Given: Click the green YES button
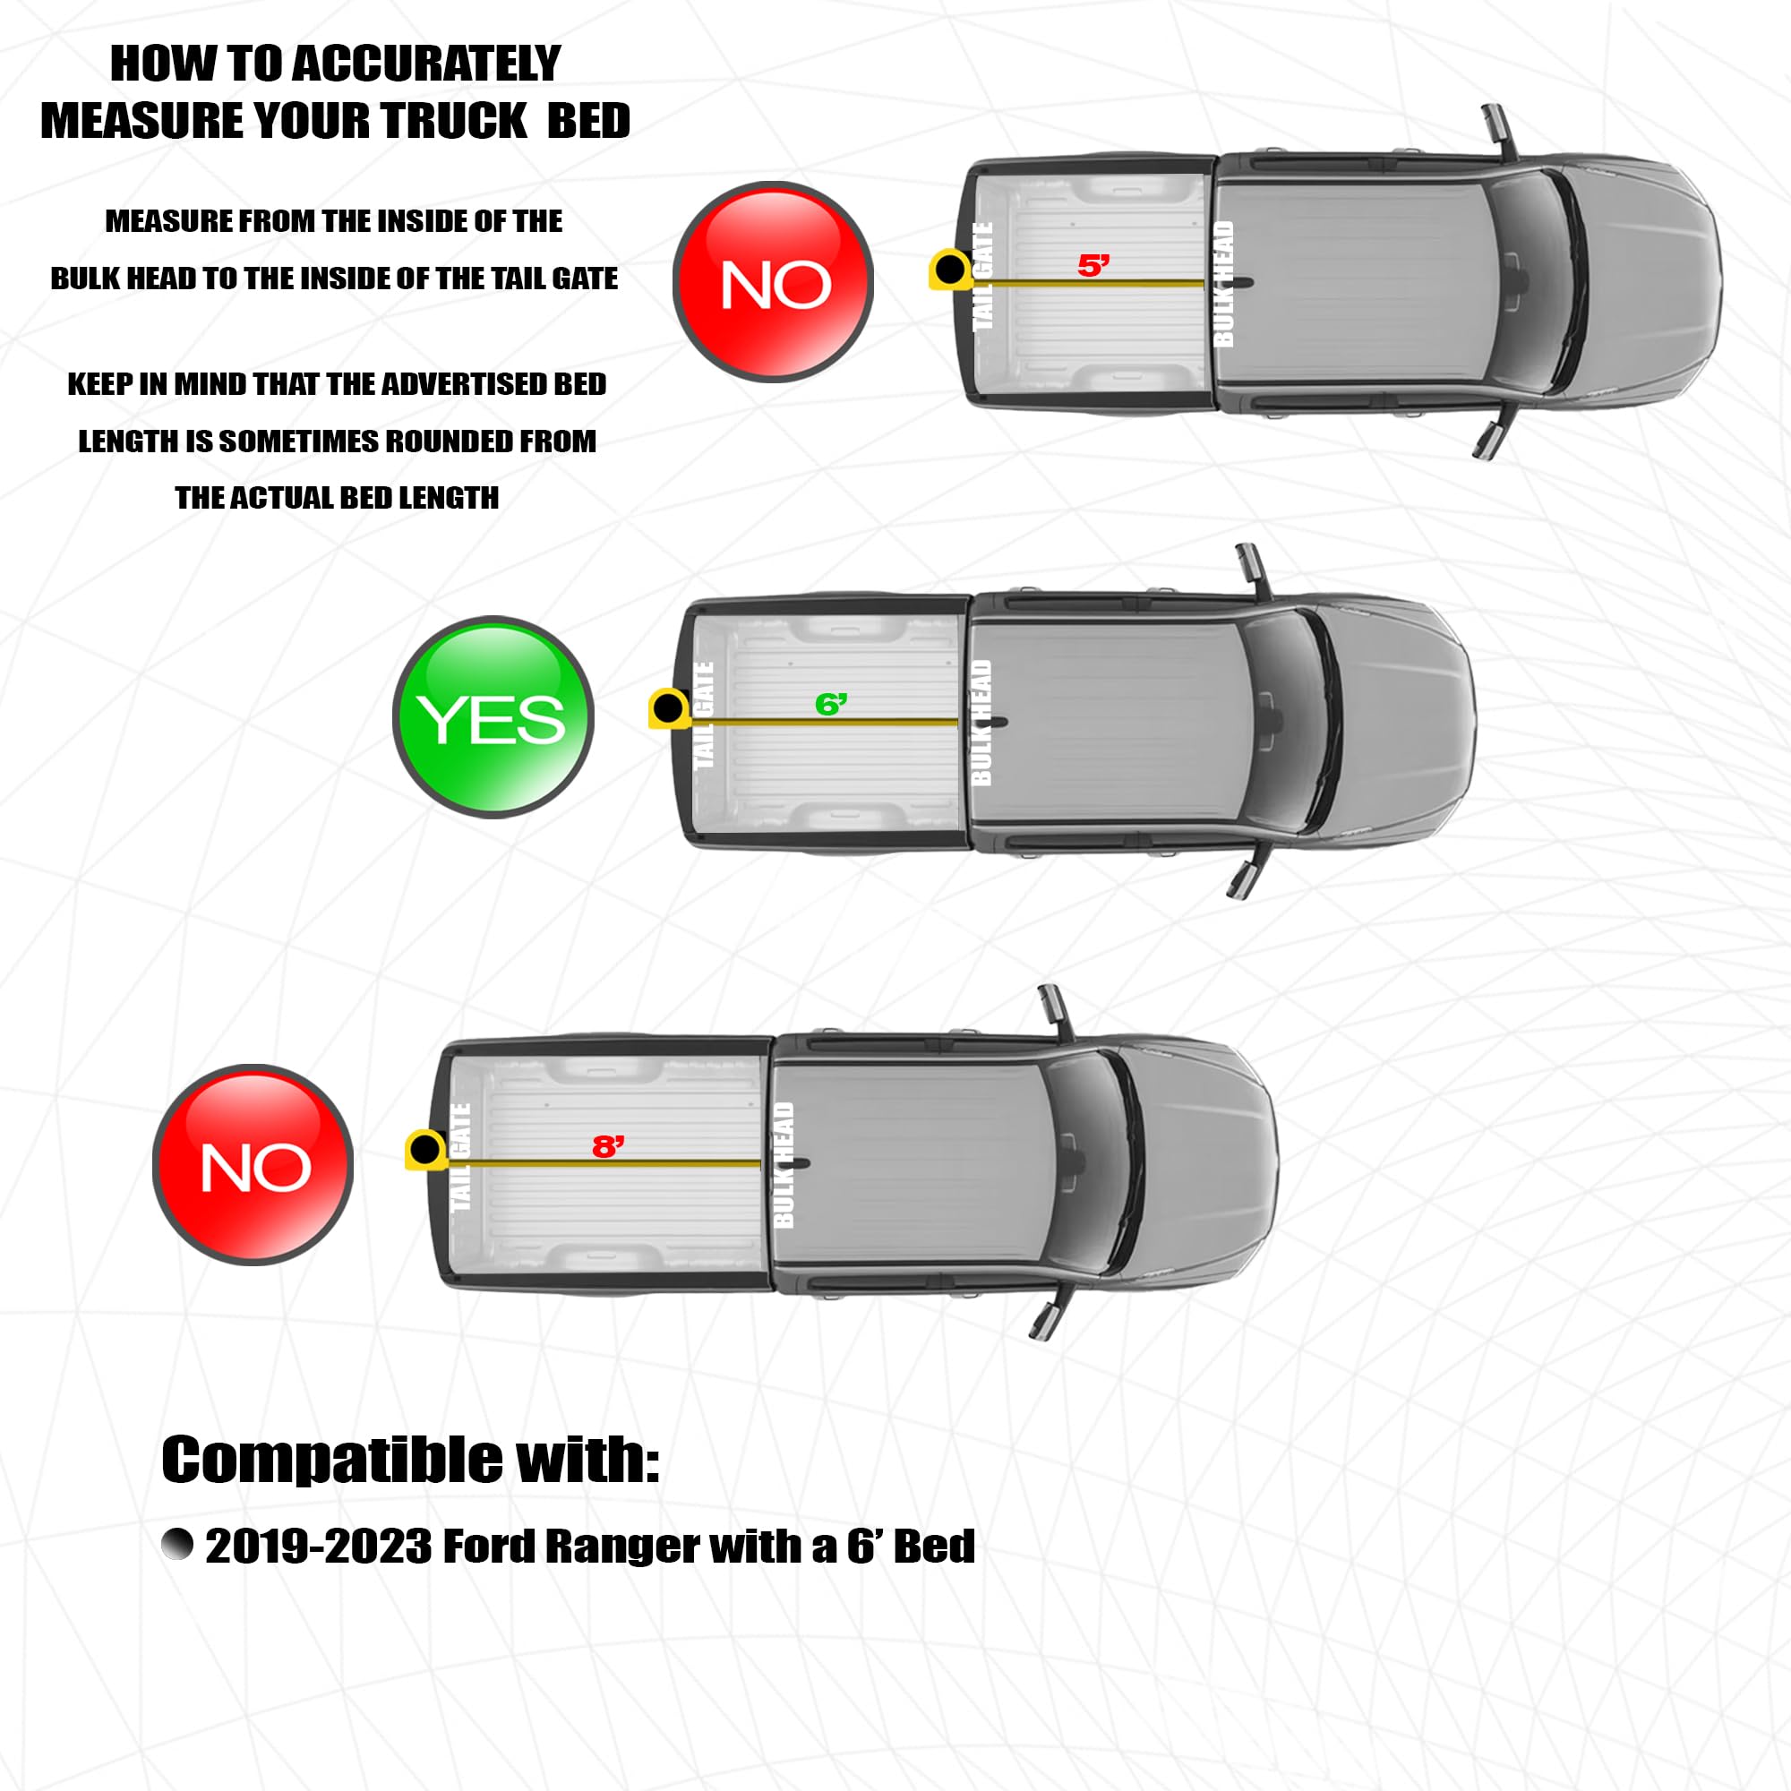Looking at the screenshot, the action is [493, 716].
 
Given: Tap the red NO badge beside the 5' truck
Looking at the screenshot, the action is [773, 281].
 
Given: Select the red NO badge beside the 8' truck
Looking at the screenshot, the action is [253, 1164].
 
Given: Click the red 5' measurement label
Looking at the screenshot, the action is [1093, 265].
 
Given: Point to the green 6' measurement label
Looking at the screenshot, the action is [831, 705].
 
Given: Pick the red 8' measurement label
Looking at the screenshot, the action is [608, 1147].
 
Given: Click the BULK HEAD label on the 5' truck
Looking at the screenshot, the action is [1222, 283].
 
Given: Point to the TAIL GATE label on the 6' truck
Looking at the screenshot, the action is [704, 715].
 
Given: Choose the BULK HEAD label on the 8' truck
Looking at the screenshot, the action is [784, 1164].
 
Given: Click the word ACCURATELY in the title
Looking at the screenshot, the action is [427, 64].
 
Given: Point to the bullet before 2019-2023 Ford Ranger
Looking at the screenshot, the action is [177, 1545].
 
